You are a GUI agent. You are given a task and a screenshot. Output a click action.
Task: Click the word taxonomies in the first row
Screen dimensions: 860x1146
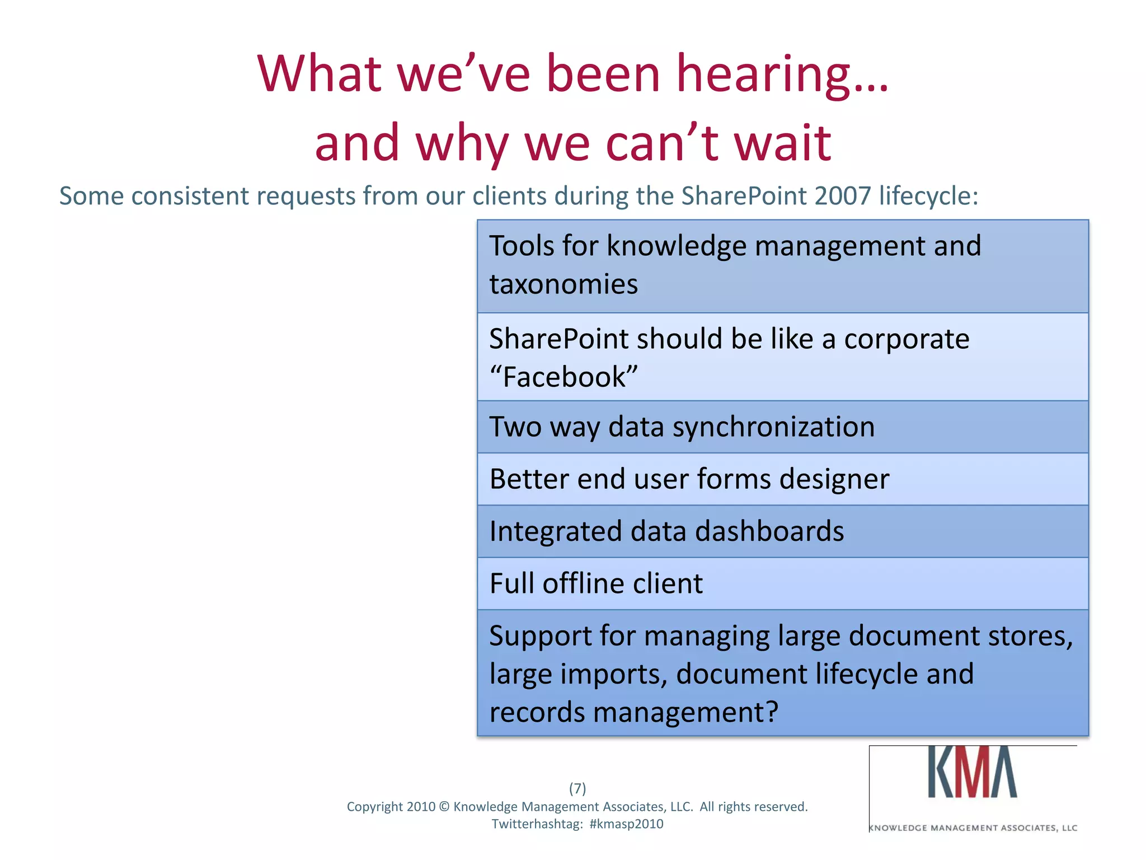563,284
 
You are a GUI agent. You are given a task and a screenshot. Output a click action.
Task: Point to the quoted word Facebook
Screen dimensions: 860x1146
563,377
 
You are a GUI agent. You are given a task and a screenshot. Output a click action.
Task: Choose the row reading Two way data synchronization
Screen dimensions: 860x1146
782,427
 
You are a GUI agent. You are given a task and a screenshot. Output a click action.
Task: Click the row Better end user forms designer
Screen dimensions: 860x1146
782,479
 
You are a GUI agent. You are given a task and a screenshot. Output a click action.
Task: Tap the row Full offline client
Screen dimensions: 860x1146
782,583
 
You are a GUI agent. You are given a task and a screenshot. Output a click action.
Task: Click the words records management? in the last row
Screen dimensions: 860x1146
633,713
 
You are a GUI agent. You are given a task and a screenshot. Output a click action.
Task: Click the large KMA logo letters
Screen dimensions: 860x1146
973,773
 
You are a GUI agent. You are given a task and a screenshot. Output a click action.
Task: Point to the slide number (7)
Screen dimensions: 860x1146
577,788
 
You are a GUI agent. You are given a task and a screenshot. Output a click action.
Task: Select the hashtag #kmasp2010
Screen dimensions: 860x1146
626,824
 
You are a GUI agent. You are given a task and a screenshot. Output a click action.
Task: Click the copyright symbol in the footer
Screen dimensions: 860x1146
444,807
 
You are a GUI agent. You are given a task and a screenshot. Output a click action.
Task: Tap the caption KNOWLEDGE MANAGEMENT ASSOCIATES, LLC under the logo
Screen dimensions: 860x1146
973,828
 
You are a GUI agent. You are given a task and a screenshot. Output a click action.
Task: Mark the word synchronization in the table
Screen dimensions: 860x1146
773,427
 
